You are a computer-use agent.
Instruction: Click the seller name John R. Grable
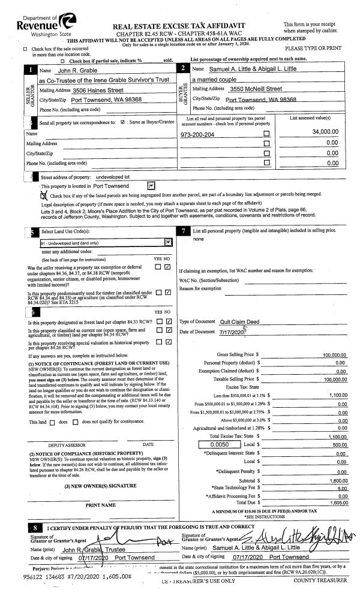[x=66, y=70]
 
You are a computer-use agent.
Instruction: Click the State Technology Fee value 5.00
[x=342, y=488]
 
